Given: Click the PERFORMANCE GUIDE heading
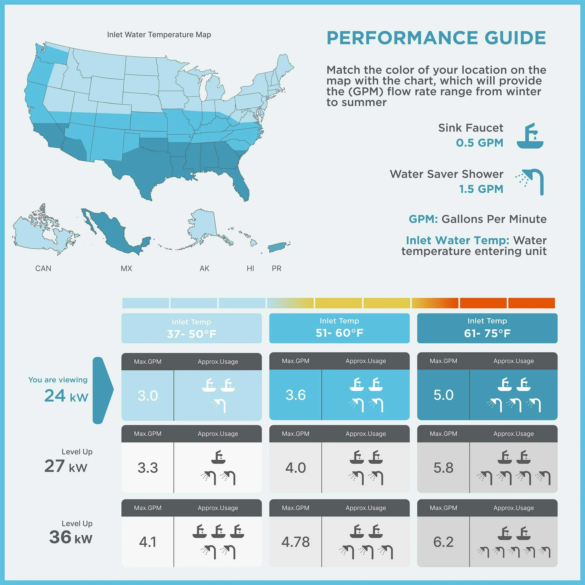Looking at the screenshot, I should (436, 38).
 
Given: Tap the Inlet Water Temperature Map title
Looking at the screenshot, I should (159, 35).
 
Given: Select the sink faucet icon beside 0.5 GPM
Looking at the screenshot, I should (530, 136).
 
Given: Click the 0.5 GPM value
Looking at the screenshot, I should (480, 143).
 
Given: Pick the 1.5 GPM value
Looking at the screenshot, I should (481, 189).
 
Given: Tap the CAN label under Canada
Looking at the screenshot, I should (43, 269).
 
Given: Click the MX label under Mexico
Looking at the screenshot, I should (126, 269).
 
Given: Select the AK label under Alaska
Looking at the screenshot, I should (204, 269).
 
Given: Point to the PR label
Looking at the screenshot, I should (276, 269).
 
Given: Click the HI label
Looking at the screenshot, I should (250, 269).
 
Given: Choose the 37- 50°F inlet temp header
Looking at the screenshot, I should (191, 328).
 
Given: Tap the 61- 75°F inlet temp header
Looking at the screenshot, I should (487, 328).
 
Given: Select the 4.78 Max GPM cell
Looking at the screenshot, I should (295, 542).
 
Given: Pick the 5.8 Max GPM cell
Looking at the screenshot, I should (443, 468).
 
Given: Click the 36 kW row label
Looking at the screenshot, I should (70, 537).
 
